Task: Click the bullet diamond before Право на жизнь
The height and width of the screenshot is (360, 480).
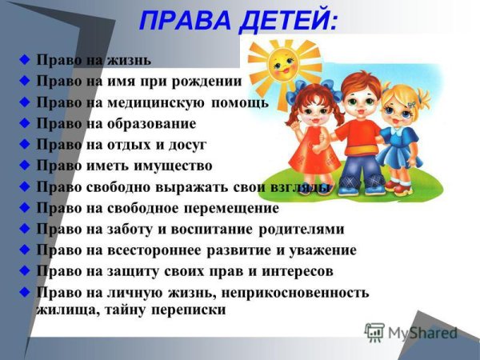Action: pos(26,60)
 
